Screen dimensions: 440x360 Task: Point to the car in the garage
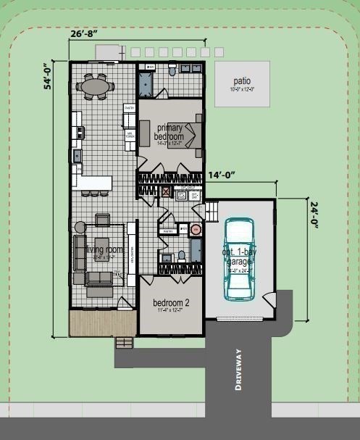coord(238,259)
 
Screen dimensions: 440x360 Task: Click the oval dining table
coord(96,87)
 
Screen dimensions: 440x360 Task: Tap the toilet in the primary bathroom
coord(172,70)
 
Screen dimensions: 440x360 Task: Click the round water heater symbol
coord(195,231)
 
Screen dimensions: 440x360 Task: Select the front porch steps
coord(125,341)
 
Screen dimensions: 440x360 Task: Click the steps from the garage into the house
coord(212,212)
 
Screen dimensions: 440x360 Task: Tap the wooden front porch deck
coord(101,323)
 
